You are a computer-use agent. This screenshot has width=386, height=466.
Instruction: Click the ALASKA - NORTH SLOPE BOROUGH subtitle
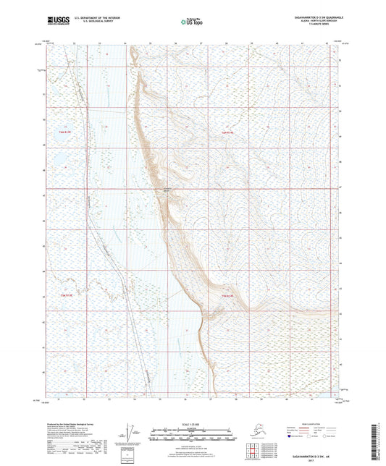[x=303, y=19]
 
